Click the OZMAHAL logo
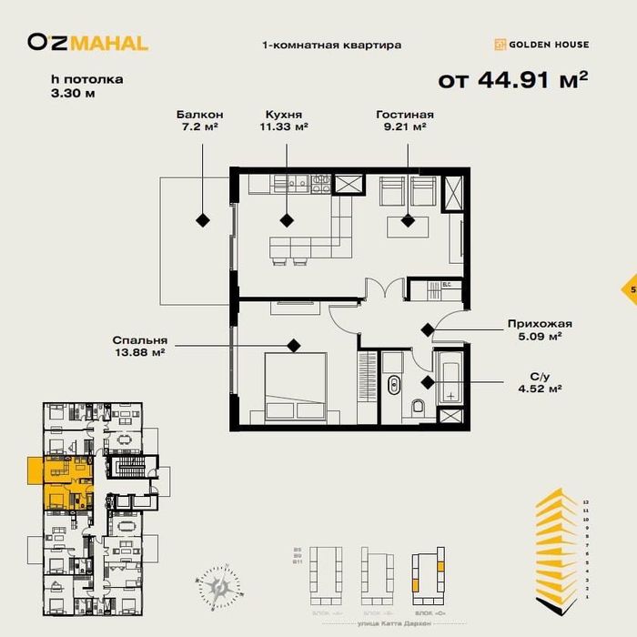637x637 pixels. (x=87, y=42)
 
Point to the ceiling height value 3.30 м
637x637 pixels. (x=74, y=93)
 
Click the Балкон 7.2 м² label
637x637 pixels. (x=200, y=121)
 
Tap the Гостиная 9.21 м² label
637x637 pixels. (x=405, y=121)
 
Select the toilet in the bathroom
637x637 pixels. (x=418, y=406)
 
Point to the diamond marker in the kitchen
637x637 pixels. (x=287, y=219)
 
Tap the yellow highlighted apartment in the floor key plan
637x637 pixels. (x=64, y=482)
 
